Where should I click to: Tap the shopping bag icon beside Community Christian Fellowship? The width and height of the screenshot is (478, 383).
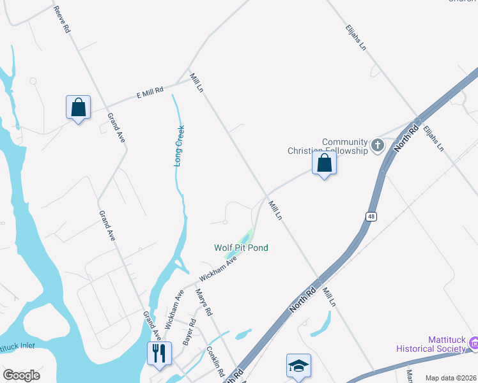(x=325, y=163)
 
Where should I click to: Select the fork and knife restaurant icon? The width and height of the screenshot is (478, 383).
(x=158, y=353)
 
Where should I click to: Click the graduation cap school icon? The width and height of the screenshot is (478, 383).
(x=298, y=366)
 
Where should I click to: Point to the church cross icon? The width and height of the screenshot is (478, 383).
(x=377, y=146)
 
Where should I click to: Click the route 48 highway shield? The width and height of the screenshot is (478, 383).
(x=371, y=217)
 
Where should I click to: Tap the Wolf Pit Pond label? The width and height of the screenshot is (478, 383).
(x=241, y=248)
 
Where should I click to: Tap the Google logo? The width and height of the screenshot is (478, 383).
(x=21, y=375)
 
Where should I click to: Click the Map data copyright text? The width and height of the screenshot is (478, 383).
(x=451, y=378)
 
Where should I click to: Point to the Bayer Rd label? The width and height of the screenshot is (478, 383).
(x=189, y=333)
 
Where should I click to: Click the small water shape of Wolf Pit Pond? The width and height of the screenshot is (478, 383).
(x=240, y=243)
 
